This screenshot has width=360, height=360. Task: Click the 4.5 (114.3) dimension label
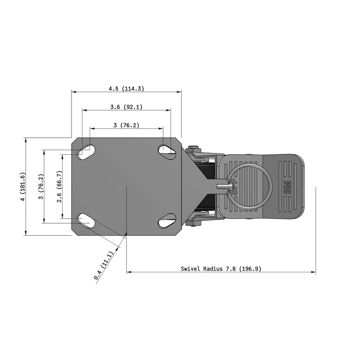126,89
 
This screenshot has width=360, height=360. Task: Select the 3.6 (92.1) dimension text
126,107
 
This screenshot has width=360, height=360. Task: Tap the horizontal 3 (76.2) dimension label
126,126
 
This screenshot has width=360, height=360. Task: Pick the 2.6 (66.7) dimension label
59,186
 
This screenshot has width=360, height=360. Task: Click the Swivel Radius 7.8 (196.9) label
221,269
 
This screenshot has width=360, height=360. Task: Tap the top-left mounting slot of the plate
85,152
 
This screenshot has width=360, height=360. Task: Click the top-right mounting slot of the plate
167,150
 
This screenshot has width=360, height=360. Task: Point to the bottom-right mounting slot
167,221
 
